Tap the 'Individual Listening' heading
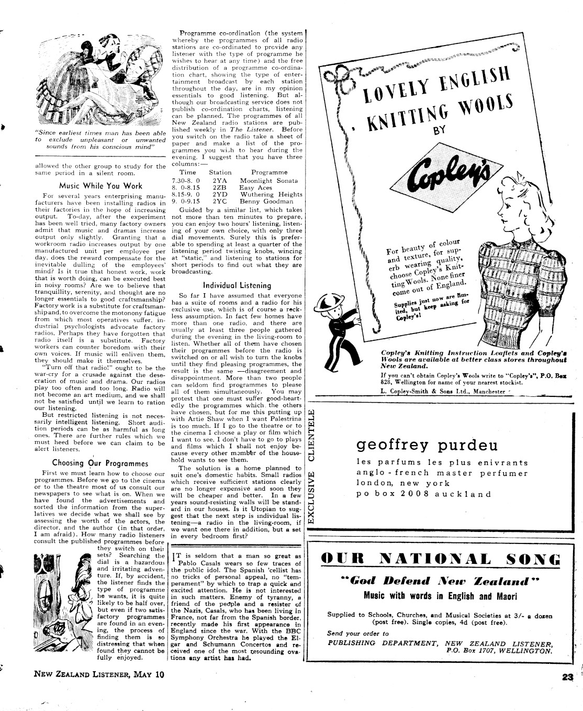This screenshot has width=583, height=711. (237, 286)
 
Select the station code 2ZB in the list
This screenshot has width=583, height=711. (219, 187)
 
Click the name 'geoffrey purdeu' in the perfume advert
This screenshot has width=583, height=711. (427, 445)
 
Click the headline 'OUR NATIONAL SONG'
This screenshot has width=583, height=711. (441, 559)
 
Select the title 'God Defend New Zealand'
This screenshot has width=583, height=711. (440, 581)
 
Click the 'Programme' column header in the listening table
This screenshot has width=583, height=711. (269, 172)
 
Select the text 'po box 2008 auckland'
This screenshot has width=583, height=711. (424, 494)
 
